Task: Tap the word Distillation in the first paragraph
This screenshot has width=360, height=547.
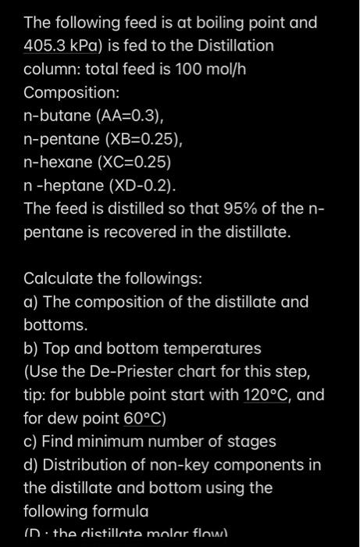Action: click(230, 45)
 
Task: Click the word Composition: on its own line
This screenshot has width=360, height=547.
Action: click(72, 92)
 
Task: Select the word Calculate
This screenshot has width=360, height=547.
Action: click(57, 278)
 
